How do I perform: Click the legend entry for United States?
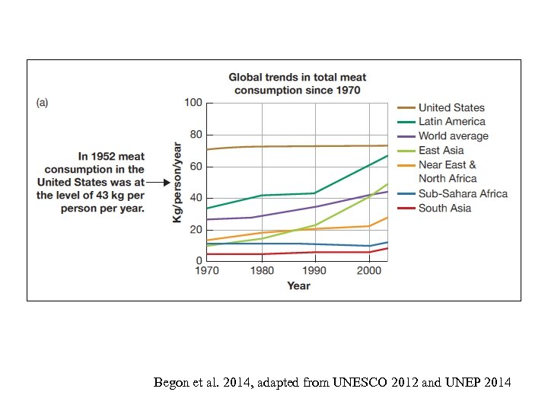(451, 108)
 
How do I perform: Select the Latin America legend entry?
(451, 122)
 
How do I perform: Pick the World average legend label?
(453, 136)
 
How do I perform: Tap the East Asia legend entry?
(441, 151)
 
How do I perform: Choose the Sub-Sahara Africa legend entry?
(462, 193)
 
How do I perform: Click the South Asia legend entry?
(444, 208)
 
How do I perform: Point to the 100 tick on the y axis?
(193, 103)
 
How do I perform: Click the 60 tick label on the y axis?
(196, 166)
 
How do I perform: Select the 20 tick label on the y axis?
(196, 229)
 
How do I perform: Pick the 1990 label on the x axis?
(315, 271)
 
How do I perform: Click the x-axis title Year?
(298, 285)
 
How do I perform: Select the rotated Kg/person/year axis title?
(177, 183)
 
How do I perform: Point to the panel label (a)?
(43, 103)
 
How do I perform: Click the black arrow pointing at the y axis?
(158, 183)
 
